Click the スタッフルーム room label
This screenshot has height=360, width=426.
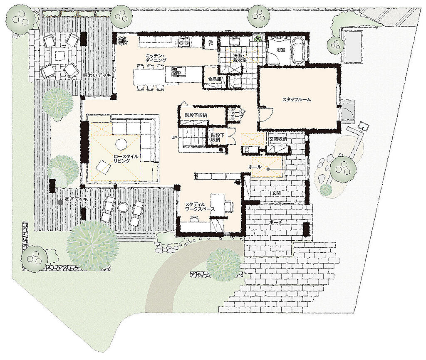click(x=296, y=100)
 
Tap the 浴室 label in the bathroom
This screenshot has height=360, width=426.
click(x=281, y=50)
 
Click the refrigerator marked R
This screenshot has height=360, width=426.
click(x=211, y=43)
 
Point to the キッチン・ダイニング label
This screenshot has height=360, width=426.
click(x=156, y=58)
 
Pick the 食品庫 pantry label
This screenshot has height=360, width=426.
click(x=215, y=79)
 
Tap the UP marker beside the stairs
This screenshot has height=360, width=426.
click(x=174, y=138)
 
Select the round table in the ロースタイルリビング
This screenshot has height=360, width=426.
click(x=121, y=144)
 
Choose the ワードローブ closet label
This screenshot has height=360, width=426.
click(x=237, y=114)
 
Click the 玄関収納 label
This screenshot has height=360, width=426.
click(x=278, y=139)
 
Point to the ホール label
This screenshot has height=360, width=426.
click(x=255, y=167)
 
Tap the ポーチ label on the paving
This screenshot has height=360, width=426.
click(x=276, y=222)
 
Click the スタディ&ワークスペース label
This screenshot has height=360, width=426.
click(x=200, y=207)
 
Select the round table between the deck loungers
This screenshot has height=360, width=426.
click(x=123, y=207)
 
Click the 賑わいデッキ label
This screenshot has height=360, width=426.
click(x=97, y=75)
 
